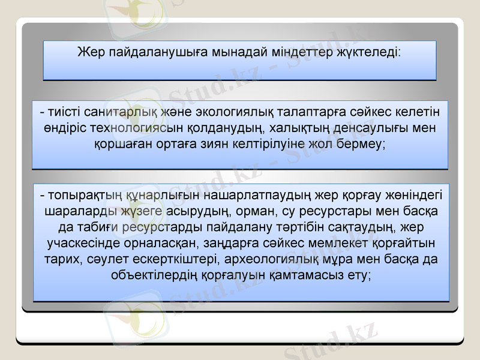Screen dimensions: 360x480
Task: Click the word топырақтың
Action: [x=82, y=196]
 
